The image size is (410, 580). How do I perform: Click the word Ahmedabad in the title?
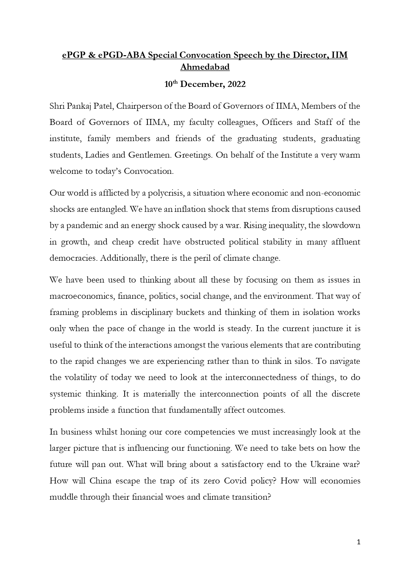coord(205,67)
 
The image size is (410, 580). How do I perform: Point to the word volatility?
coord(79,377)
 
